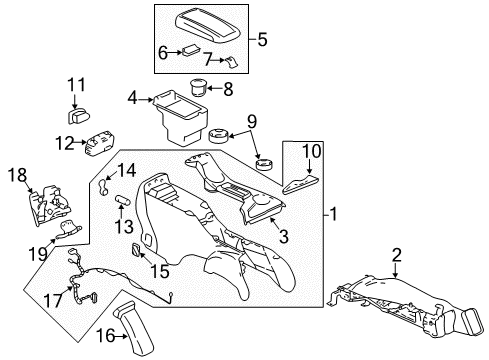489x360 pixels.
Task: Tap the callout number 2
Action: tap(398, 257)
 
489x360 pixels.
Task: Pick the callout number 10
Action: tap(310, 150)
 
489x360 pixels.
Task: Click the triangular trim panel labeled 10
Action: tap(300, 183)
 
